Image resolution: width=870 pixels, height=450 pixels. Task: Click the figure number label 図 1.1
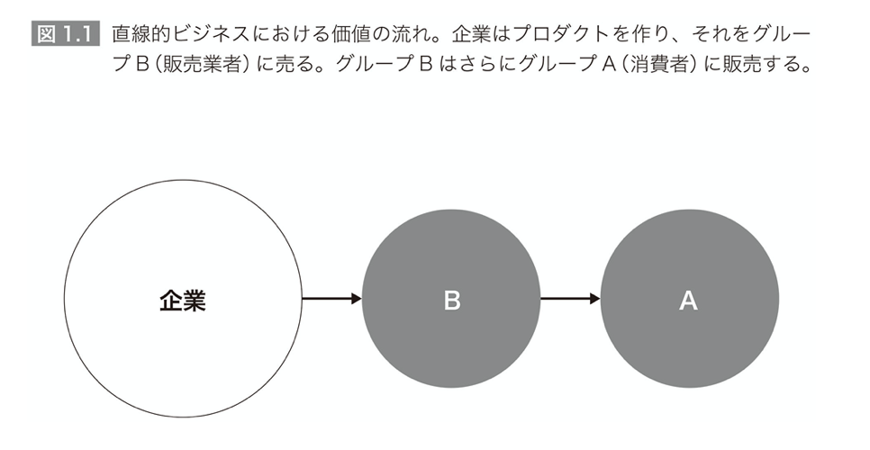coord(66,34)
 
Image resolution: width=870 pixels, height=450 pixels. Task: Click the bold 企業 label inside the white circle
coord(183,301)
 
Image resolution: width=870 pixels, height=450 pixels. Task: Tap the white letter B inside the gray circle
coord(451,301)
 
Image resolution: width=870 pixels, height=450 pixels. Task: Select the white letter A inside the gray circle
coord(689,301)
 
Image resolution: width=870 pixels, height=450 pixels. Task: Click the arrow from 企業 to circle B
coord(331,299)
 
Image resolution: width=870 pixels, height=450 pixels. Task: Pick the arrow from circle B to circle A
coord(570,299)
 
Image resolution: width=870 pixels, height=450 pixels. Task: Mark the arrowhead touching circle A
coord(595,299)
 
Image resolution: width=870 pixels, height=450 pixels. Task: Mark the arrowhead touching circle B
coord(357,299)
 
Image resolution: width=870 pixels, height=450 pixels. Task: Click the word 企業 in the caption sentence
coord(471,34)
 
